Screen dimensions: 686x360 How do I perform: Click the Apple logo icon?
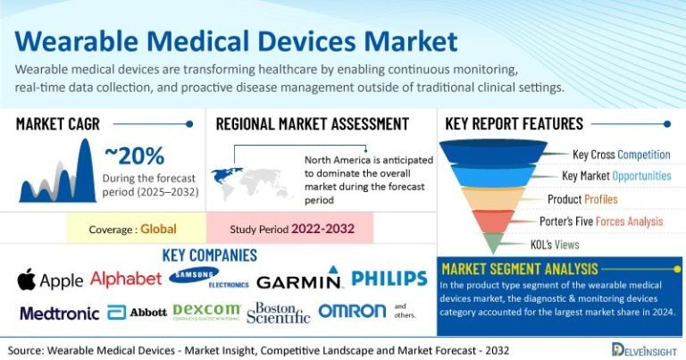click(26, 279)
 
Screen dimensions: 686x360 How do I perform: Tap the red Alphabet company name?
click(126, 279)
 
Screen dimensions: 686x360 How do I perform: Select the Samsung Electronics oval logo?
click(194, 275)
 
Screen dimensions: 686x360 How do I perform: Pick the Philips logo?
click(389, 279)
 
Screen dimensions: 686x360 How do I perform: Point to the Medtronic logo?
click(60, 314)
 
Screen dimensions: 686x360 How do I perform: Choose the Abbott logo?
click(137, 313)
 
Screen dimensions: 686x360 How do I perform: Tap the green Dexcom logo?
click(206, 312)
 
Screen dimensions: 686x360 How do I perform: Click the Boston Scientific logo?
click(279, 313)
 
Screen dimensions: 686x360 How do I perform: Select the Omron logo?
click(352, 311)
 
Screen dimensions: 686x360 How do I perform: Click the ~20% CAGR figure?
click(135, 156)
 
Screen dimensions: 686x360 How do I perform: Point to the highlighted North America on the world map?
click(226, 174)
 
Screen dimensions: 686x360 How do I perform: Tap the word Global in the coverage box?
click(158, 229)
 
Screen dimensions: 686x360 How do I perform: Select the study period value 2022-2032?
click(322, 229)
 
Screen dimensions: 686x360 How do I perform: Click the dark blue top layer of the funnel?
click(493, 151)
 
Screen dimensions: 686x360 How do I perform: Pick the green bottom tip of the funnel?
click(493, 242)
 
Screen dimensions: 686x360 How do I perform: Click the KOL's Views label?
click(555, 245)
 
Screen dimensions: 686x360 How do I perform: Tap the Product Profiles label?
click(582, 199)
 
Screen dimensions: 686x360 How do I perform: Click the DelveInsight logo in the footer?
click(644, 349)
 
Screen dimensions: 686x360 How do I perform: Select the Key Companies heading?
click(210, 255)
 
